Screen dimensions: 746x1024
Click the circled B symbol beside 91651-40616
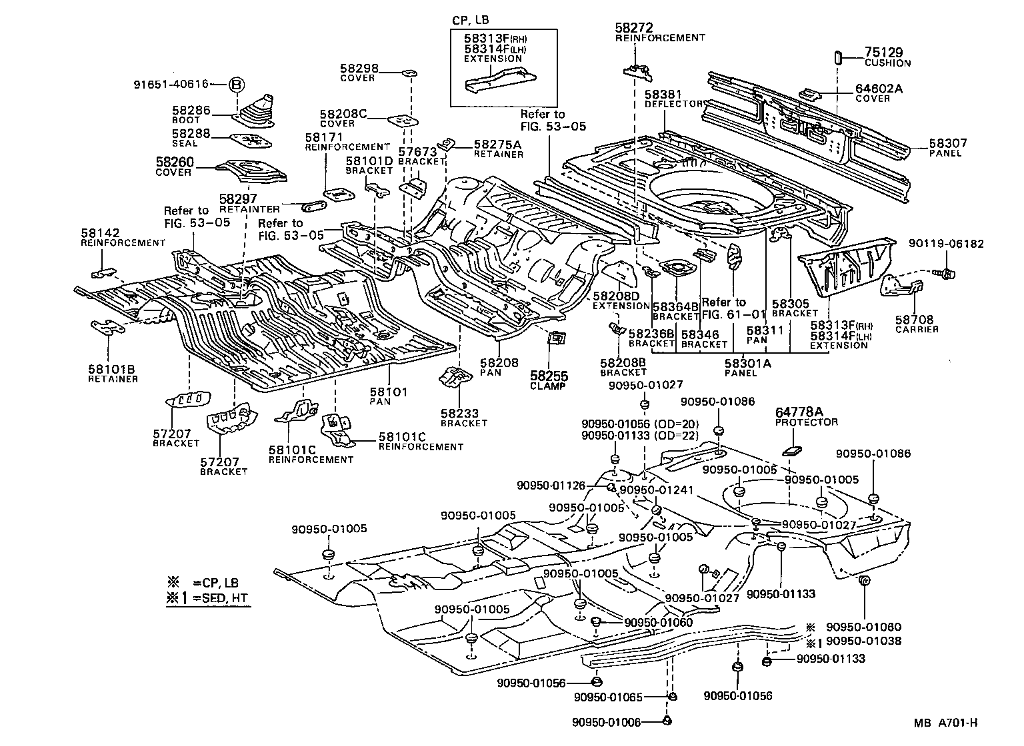coord(237,85)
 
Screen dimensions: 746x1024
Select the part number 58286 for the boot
coord(191,111)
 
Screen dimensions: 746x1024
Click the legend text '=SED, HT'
coord(221,598)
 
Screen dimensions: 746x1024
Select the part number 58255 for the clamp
coord(548,376)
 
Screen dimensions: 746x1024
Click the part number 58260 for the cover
coord(173,162)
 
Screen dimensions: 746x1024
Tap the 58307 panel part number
coord(947,143)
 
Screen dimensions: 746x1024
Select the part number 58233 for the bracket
coord(459,413)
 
